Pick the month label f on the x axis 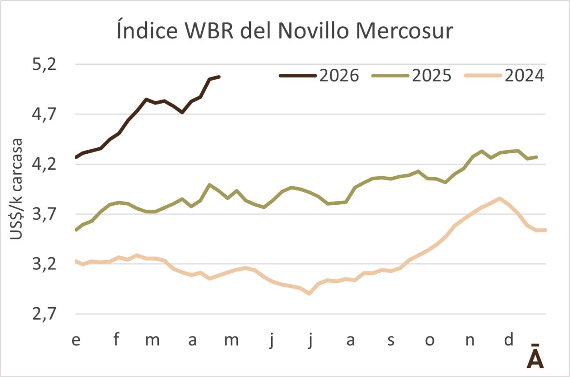[x=116, y=340]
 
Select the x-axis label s [x=390, y=340]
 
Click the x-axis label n [x=470, y=340]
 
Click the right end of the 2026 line [x=219, y=77]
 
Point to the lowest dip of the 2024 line [x=309, y=293]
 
